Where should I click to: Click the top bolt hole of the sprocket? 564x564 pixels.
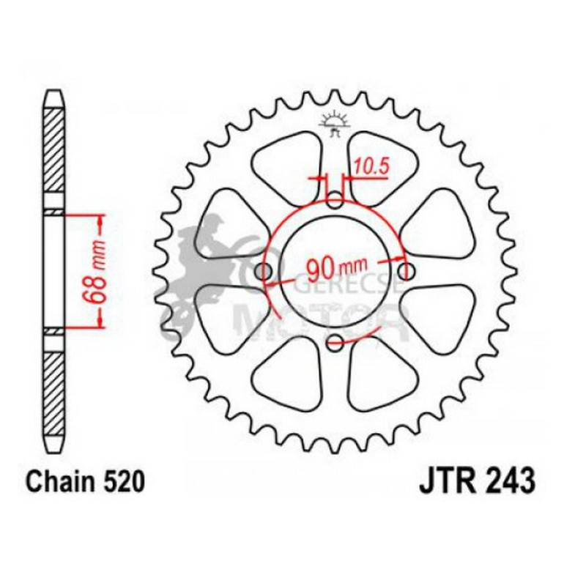(335, 202)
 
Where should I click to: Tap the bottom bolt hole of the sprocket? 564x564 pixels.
(335, 339)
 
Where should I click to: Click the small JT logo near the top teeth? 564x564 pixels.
(335, 122)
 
